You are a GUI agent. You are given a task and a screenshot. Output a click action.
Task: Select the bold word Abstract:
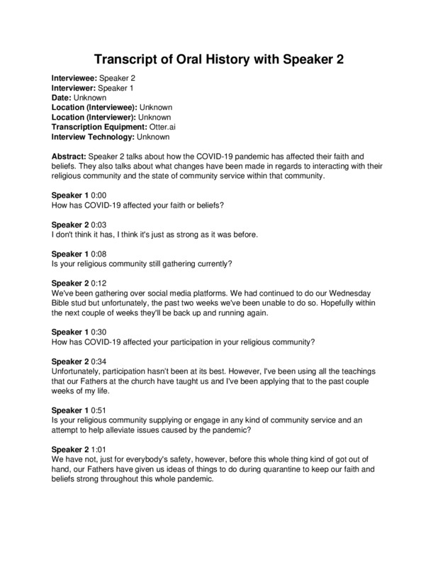(72, 155)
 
